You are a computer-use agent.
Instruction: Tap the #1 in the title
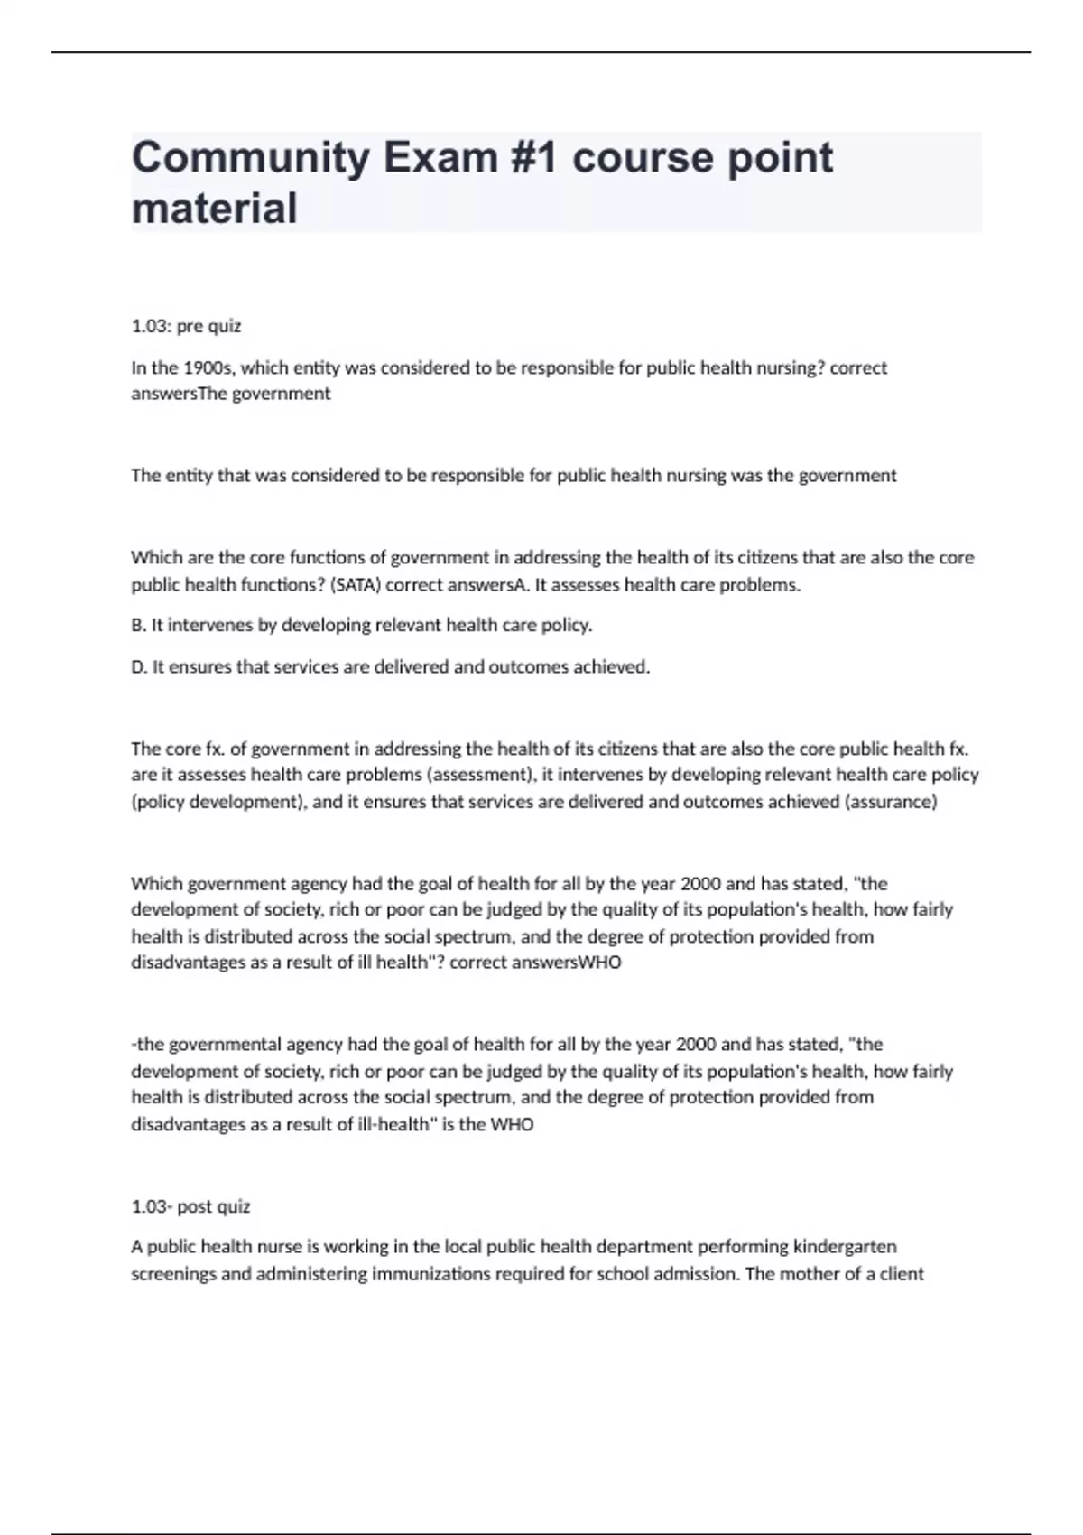535,158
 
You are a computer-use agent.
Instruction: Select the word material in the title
214,209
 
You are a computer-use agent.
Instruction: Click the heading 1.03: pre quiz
186,326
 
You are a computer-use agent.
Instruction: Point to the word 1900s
209,367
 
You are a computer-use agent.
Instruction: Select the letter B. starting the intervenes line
138,625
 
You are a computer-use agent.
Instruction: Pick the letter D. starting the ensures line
139,667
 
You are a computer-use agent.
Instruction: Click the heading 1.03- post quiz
190,1206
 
